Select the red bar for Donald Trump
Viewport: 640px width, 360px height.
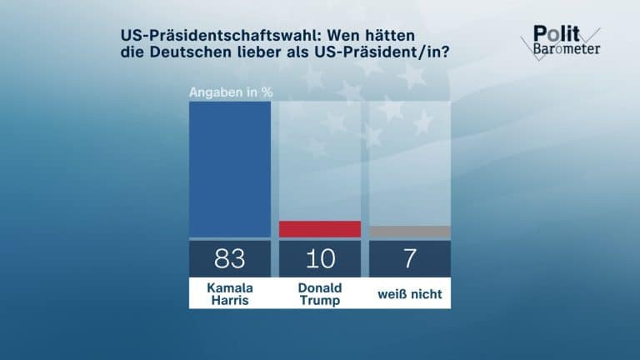coord(319,229)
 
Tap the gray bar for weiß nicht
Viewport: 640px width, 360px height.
coord(409,232)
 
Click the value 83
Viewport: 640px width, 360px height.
coord(230,258)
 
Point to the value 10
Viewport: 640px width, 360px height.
coord(319,258)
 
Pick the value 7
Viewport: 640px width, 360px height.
coord(409,258)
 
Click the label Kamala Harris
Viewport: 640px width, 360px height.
coord(230,293)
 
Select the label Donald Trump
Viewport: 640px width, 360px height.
coord(319,293)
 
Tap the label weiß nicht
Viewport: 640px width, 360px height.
coord(409,293)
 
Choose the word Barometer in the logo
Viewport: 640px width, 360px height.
coord(566,49)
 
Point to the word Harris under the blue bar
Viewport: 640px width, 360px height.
coord(230,300)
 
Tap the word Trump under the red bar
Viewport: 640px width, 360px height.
coord(319,300)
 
